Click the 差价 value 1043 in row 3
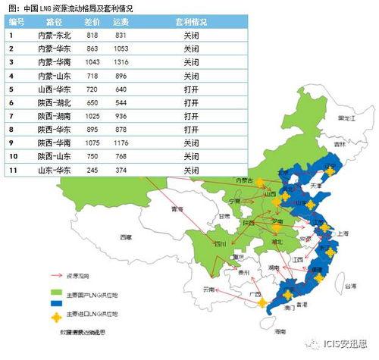pos(92,61)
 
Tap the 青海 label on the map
pos(178,208)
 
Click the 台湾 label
pos(349,287)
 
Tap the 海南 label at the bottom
pos(281,331)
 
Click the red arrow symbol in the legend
pos(55,277)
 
